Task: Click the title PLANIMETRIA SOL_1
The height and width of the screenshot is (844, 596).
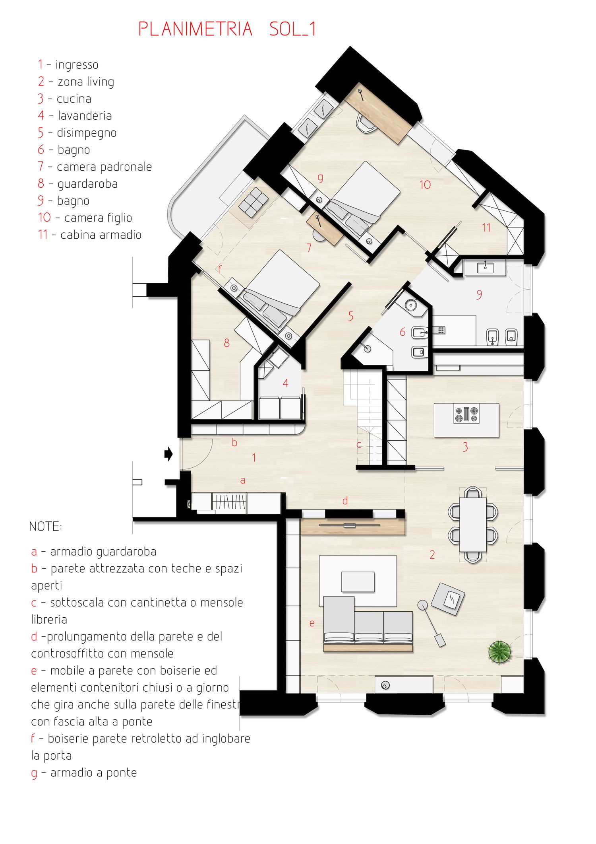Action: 227,29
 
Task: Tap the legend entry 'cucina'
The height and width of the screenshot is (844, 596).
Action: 74,99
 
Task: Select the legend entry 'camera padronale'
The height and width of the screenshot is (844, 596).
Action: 104,167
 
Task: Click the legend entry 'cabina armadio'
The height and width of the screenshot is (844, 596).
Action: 101,235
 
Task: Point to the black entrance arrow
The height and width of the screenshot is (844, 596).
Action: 168,454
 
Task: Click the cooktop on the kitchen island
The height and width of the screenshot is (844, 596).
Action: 466,414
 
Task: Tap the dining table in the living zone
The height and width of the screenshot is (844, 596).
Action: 473,524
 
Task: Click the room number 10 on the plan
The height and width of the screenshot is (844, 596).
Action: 425,185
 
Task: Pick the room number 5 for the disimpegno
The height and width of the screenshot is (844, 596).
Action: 350,316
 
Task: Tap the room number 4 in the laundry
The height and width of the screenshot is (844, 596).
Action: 285,383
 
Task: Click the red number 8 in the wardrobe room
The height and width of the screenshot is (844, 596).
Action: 226,343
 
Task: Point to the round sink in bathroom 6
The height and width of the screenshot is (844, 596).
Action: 411,305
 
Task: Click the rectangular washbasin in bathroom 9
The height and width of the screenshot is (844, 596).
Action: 485,267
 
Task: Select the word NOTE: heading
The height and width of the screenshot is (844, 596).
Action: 45,527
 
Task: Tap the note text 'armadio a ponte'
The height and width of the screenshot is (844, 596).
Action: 94,773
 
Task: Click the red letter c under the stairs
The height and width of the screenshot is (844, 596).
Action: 359,445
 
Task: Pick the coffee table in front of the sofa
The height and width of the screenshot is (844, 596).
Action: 358,582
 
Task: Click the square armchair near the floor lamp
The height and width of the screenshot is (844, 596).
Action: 448,599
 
